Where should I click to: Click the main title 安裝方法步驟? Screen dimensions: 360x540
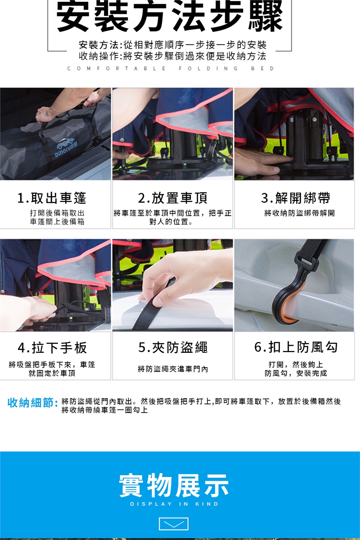click(x=169, y=16)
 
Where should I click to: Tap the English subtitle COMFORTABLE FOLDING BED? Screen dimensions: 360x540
click(x=171, y=69)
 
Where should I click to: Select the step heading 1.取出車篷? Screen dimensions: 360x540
click(x=52, y=198)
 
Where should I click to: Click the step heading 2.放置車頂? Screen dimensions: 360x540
click(x=172, y=198)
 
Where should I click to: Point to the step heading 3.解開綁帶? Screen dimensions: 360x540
click(x=295, y=198)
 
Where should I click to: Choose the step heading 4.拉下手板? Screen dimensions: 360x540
click(x=52, y=348)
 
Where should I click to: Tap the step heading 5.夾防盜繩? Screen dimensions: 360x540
click(x=172, y=348)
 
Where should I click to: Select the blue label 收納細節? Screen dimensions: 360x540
click(x=33, y=403)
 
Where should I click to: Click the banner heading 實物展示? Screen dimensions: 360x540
click(x=174, y=485)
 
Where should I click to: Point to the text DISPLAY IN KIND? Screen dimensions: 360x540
click(x=174, y=504)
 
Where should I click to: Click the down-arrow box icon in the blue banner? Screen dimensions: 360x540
click(x=174, y=524)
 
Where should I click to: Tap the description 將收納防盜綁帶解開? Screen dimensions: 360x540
click(x=299, y=213)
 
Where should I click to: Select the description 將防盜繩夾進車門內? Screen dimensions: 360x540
click(x=172, y=369)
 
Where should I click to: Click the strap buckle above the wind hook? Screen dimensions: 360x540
click(x=306, y=264)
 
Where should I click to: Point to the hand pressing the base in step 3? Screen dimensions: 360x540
click(x=263, y=160)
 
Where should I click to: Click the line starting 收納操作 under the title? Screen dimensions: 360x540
click(x=172, y=56)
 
